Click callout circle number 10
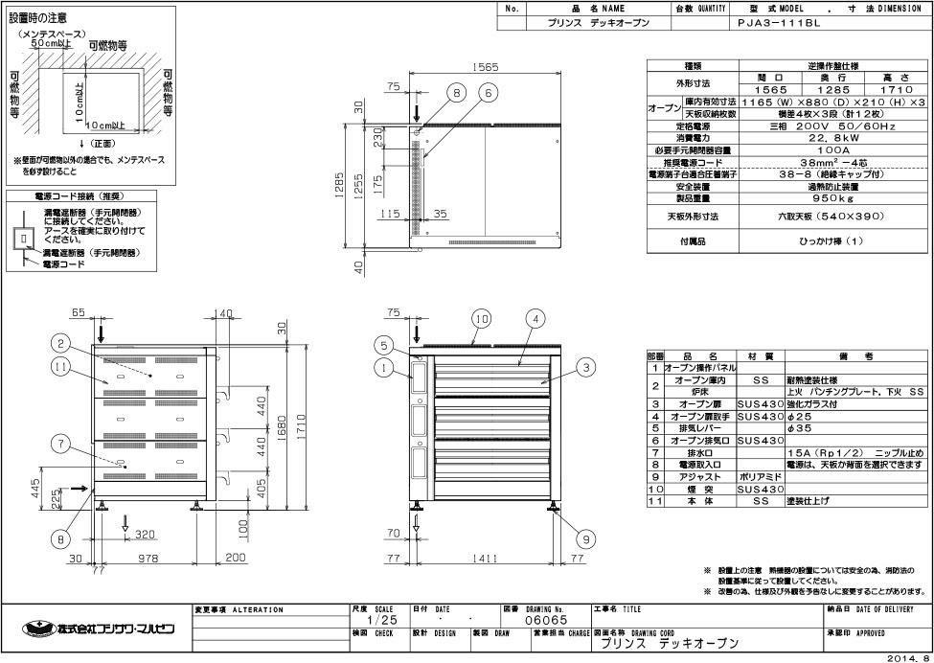tap(481, 317)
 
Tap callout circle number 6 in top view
tap(488, 93)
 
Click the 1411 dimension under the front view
tap(490, 554)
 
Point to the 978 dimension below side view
tap(147, 554)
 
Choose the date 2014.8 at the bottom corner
tap(908, 657)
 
